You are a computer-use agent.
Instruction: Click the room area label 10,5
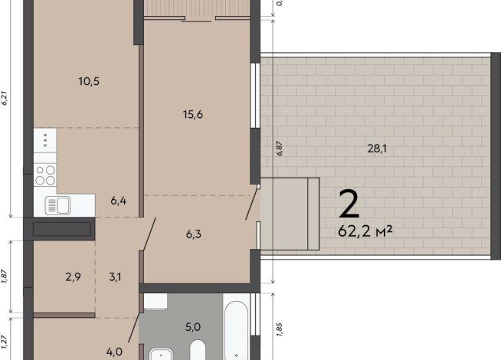pyautogui.click(x=89, y=81)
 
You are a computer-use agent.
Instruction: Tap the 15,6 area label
pyautogui.click(x=193, y=114)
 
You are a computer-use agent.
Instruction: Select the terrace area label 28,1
pyautogui.click(x=377, y=149)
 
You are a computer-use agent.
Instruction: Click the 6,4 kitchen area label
pyautogui.click(x=118, y=201)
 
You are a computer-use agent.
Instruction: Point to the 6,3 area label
pyautogui.click(x=194, y=234)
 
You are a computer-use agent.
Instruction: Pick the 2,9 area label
pyautogui.click(x=73, y=277)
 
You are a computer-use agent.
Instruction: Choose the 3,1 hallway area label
pyautogui.click(x=115, y=277)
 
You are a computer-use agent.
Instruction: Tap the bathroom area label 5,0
pyautogui.click(x=193, y=327)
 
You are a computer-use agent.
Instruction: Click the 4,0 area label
pyautogui.click(x=114, y=352)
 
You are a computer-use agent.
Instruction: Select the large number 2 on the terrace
pyautogui.click(x=349, y=204)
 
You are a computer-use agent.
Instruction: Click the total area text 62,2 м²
pyautogui.click(x=365, y=231)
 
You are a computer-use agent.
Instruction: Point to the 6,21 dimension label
pyautogui.click(x=5, y=98)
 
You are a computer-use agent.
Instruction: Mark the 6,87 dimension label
pyautogui.click(x=280, y=149)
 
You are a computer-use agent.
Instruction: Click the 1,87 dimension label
pyautogui.click(x=4, y=277)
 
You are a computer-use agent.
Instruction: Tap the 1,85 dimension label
pyautogui.click(x=279, y=329)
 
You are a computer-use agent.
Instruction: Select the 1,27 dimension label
pyautogui.click(x=4, y=342)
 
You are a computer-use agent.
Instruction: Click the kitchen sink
pyautogui.click(x=57, y=205)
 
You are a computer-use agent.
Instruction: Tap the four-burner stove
pyautogui.click(x=45, y=175)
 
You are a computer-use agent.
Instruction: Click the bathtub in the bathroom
pyautogui.click(x=236, y=331)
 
